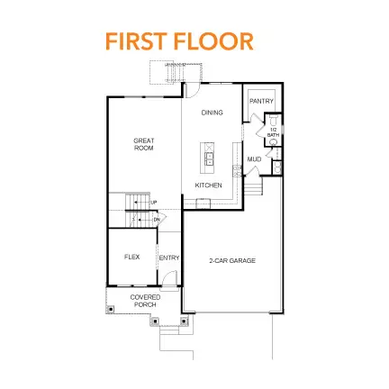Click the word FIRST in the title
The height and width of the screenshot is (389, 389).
pyautogui.click(x=138, y=41)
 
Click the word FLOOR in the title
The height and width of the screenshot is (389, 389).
pyautogui.click(x=213, y=41)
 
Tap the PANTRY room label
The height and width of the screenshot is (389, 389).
pyautogui.click(x=261, y=102)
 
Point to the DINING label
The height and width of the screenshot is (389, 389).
pyautogui.click(x=213, y=113)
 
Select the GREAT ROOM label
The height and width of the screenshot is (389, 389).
pyautogui.click(x=144, y=143)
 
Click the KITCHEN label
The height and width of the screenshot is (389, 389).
pyautogui.click(x=209, y=185)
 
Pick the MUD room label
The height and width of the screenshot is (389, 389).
pyautogui.click(x=255, y=159)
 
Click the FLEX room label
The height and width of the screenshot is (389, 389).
pyautogui.click(x=131, y=257)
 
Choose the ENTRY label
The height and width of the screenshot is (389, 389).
pyautogui.click(x=169, y=258)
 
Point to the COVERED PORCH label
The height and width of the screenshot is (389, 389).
pyautogui.click(x=145, y=300)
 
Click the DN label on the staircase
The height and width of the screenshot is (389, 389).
pyautogui.click(x=156, y=219)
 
